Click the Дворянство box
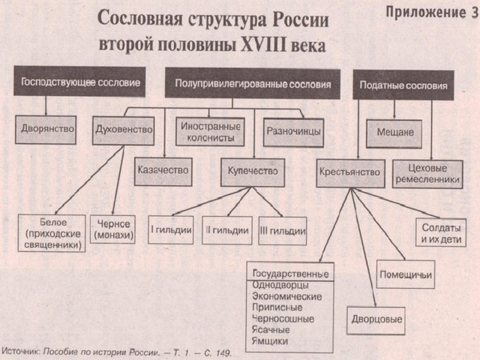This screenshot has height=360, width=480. pyautogui.click(x=46, y=130)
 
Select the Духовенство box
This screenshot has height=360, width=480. pyautogui.click(x=123, y=130)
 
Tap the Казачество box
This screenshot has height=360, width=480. pyautogui.click(x=163, y=172)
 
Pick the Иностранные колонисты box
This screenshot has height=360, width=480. pyautogui.click(x=210, y=132)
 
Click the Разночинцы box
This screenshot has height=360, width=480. pyautogui.click(x=293, y=133)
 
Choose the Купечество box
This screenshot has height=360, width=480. pyautogui.click(x=253, y=172)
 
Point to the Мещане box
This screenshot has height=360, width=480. pyautogui.click(x=394, y=133)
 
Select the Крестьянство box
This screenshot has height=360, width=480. pyautogui.click(x=350, y=173)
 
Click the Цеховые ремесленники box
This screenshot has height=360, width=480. pyautogui.click(x=427, y=174)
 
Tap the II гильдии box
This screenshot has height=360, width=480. pyautogui.click(x=227, y=230)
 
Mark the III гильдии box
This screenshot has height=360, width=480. pyautogui.click(x=283, y=231)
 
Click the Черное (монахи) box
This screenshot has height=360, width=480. pyautogui.click(x=113, y=229)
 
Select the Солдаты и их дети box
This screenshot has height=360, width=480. pyautogui.click(x=441, y=232)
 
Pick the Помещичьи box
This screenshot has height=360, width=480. pyautogui.click(x=406, y=274)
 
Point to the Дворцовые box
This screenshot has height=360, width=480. pyautogui.click(x=376, y=321)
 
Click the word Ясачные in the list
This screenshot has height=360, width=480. pyautogui.click(x=271, y=330)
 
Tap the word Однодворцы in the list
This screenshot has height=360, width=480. pyautogui.click(x=280, y=285)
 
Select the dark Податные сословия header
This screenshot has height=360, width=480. pyautogui.click(x=403, y=85)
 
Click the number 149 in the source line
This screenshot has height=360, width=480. pyautogui.click(x=222, y=353)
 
